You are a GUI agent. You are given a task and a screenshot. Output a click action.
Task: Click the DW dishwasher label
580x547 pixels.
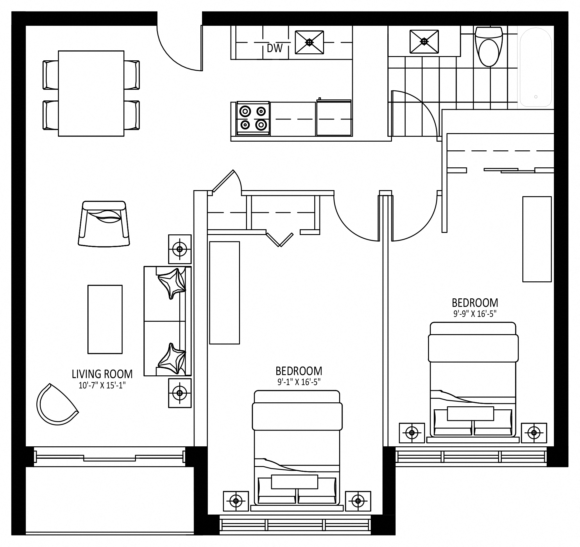275,48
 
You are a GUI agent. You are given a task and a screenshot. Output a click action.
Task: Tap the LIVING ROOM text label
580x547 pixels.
102,374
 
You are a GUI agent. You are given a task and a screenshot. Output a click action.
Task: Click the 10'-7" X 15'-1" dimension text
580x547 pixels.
102,385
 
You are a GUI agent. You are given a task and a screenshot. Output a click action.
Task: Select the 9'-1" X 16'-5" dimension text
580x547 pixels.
299,382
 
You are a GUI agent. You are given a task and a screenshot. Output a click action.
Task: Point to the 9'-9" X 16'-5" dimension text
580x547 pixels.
475,314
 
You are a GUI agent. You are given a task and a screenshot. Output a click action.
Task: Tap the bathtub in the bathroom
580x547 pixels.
536,67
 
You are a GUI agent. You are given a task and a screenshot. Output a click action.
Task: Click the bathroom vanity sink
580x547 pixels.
424,42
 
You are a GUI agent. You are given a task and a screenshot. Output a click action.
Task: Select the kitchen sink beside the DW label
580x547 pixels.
309,42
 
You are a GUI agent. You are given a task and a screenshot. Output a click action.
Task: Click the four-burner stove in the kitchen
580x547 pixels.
253,118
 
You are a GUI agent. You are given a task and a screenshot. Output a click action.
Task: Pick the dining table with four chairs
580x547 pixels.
91,93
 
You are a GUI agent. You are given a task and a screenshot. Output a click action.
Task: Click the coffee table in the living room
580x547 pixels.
105,319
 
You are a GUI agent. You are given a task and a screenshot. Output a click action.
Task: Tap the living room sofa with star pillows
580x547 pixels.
167,321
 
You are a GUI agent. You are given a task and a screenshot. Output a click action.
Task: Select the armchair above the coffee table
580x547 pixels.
104,223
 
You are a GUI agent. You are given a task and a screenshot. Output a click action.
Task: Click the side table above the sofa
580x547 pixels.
180,249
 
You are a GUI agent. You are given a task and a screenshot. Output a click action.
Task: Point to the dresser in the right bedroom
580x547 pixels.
537,239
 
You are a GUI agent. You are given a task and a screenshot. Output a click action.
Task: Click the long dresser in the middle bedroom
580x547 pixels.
224,293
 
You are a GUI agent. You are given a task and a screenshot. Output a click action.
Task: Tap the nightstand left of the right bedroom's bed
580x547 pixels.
412,433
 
